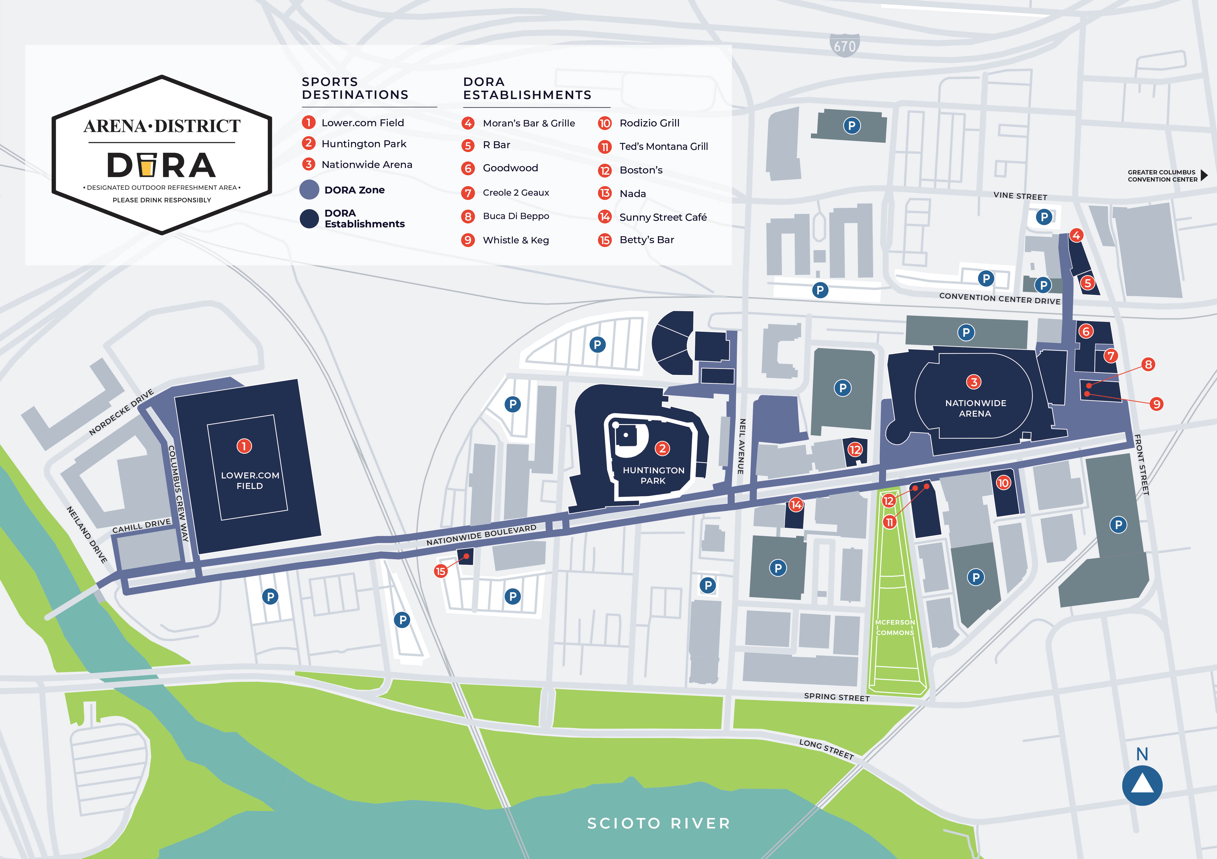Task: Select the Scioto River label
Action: coord(659,823)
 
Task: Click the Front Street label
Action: coord(1141,465)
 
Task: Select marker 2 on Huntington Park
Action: coord(662,448)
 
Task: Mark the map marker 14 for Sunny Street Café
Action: coord(796,504)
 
